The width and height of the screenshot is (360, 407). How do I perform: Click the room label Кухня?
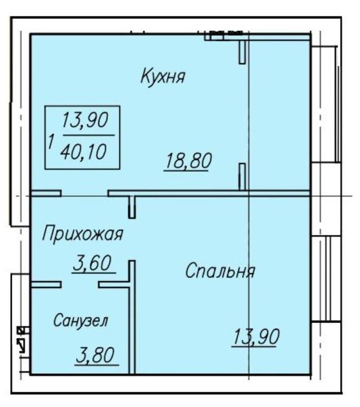(163, 76)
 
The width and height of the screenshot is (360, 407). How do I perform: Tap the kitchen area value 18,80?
(188, 161)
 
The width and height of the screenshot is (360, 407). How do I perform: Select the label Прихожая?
(82, 234)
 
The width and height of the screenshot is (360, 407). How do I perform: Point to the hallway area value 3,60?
(93, 263)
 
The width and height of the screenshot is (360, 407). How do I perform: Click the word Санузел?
(80, 320)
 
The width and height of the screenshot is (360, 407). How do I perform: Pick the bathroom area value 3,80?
(96, 356)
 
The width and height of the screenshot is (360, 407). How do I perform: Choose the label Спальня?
(220, 271)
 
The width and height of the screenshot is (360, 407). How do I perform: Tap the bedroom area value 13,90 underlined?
(256, 337)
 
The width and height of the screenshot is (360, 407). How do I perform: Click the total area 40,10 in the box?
(84, 152)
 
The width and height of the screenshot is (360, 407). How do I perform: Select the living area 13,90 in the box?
(85, 120)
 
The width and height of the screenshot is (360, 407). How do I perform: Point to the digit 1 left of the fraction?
(51, 142)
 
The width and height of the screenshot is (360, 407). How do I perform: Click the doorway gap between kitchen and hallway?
(85, 194)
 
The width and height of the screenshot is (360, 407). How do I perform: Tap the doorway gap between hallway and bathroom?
(80, 285)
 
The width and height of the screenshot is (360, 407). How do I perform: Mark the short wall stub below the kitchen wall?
(132, 207)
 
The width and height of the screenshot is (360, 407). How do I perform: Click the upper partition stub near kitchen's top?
(242, 52)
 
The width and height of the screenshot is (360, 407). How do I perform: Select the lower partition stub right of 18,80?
(242, 177)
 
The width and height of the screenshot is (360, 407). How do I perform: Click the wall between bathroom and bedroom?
(132, 317)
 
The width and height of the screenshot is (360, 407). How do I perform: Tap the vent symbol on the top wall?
(226, 33)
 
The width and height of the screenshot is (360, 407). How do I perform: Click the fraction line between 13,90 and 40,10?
(89, 135)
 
